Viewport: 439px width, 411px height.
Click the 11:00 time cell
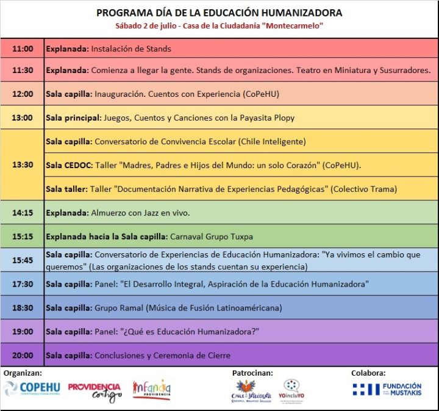click(x=22, y=49)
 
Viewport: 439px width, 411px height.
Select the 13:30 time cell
click(x=22, y=165)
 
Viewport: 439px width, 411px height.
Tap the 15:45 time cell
click(x=22, y=260)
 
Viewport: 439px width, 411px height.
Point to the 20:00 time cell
click(x=22, y=355)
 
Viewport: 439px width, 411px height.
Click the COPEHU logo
click(x=31, y=389)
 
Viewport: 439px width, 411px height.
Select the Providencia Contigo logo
click(x=95, y=392)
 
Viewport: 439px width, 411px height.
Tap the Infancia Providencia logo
click(x=152, y=390)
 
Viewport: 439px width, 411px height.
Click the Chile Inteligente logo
click(x=246, y=392)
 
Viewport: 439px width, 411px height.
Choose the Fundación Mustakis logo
click(x=387, y=389)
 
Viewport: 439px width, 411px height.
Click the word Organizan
click(x=23, y=372)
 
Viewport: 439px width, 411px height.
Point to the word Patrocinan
click(x=252, y=373)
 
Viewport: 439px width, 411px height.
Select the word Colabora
click(x=368, y=373)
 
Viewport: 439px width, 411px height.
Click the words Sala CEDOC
click(x=66, y=165)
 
